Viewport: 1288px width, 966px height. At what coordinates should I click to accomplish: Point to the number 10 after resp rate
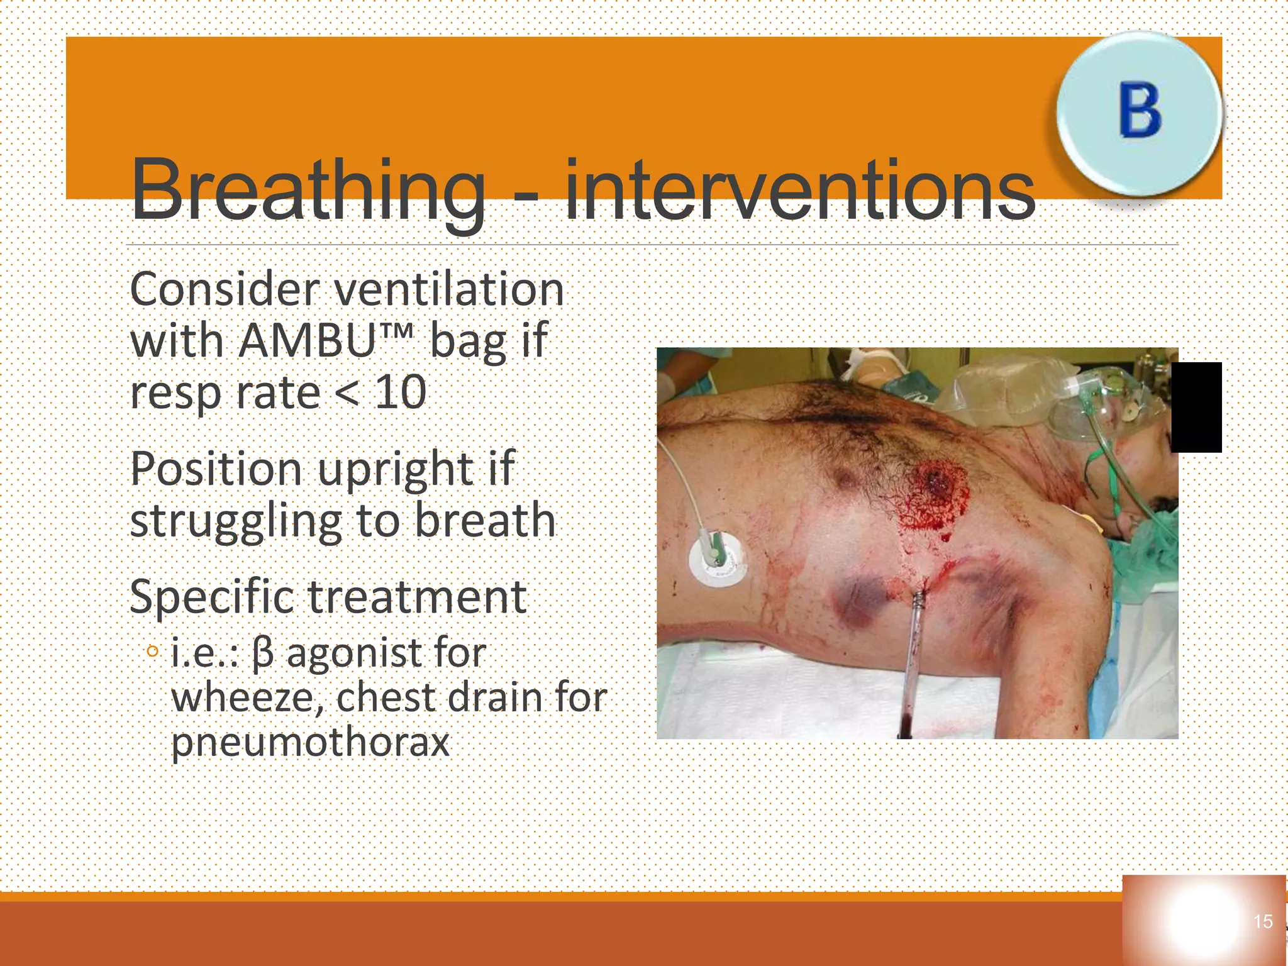(401, 392)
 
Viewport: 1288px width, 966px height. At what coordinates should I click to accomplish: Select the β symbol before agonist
(263, 654)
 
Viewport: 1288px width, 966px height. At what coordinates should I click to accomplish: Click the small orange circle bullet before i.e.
(152, 652)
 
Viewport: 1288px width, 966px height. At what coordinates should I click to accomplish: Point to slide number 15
(1263, 921)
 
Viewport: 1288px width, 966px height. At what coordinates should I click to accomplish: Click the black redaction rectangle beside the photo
(1196, 407)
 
